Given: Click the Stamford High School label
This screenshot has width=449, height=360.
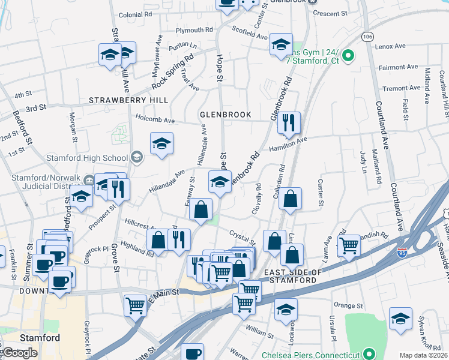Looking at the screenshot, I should tap(87, 158).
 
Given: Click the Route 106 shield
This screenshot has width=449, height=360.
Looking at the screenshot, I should tap(367, 37).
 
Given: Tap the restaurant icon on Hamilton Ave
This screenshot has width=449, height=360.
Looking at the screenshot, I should tap(289, 123).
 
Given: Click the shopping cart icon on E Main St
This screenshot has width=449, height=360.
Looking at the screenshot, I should tap(136, 305).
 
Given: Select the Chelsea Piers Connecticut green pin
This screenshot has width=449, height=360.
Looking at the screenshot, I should tap(370, 355).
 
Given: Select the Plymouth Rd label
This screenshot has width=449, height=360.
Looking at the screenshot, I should tap(194, 29).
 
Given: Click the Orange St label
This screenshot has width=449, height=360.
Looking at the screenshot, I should tap(345, 305).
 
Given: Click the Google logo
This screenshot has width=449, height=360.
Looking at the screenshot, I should tap(20, 353).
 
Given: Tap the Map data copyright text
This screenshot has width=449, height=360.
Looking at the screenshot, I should tap(424, 355).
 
